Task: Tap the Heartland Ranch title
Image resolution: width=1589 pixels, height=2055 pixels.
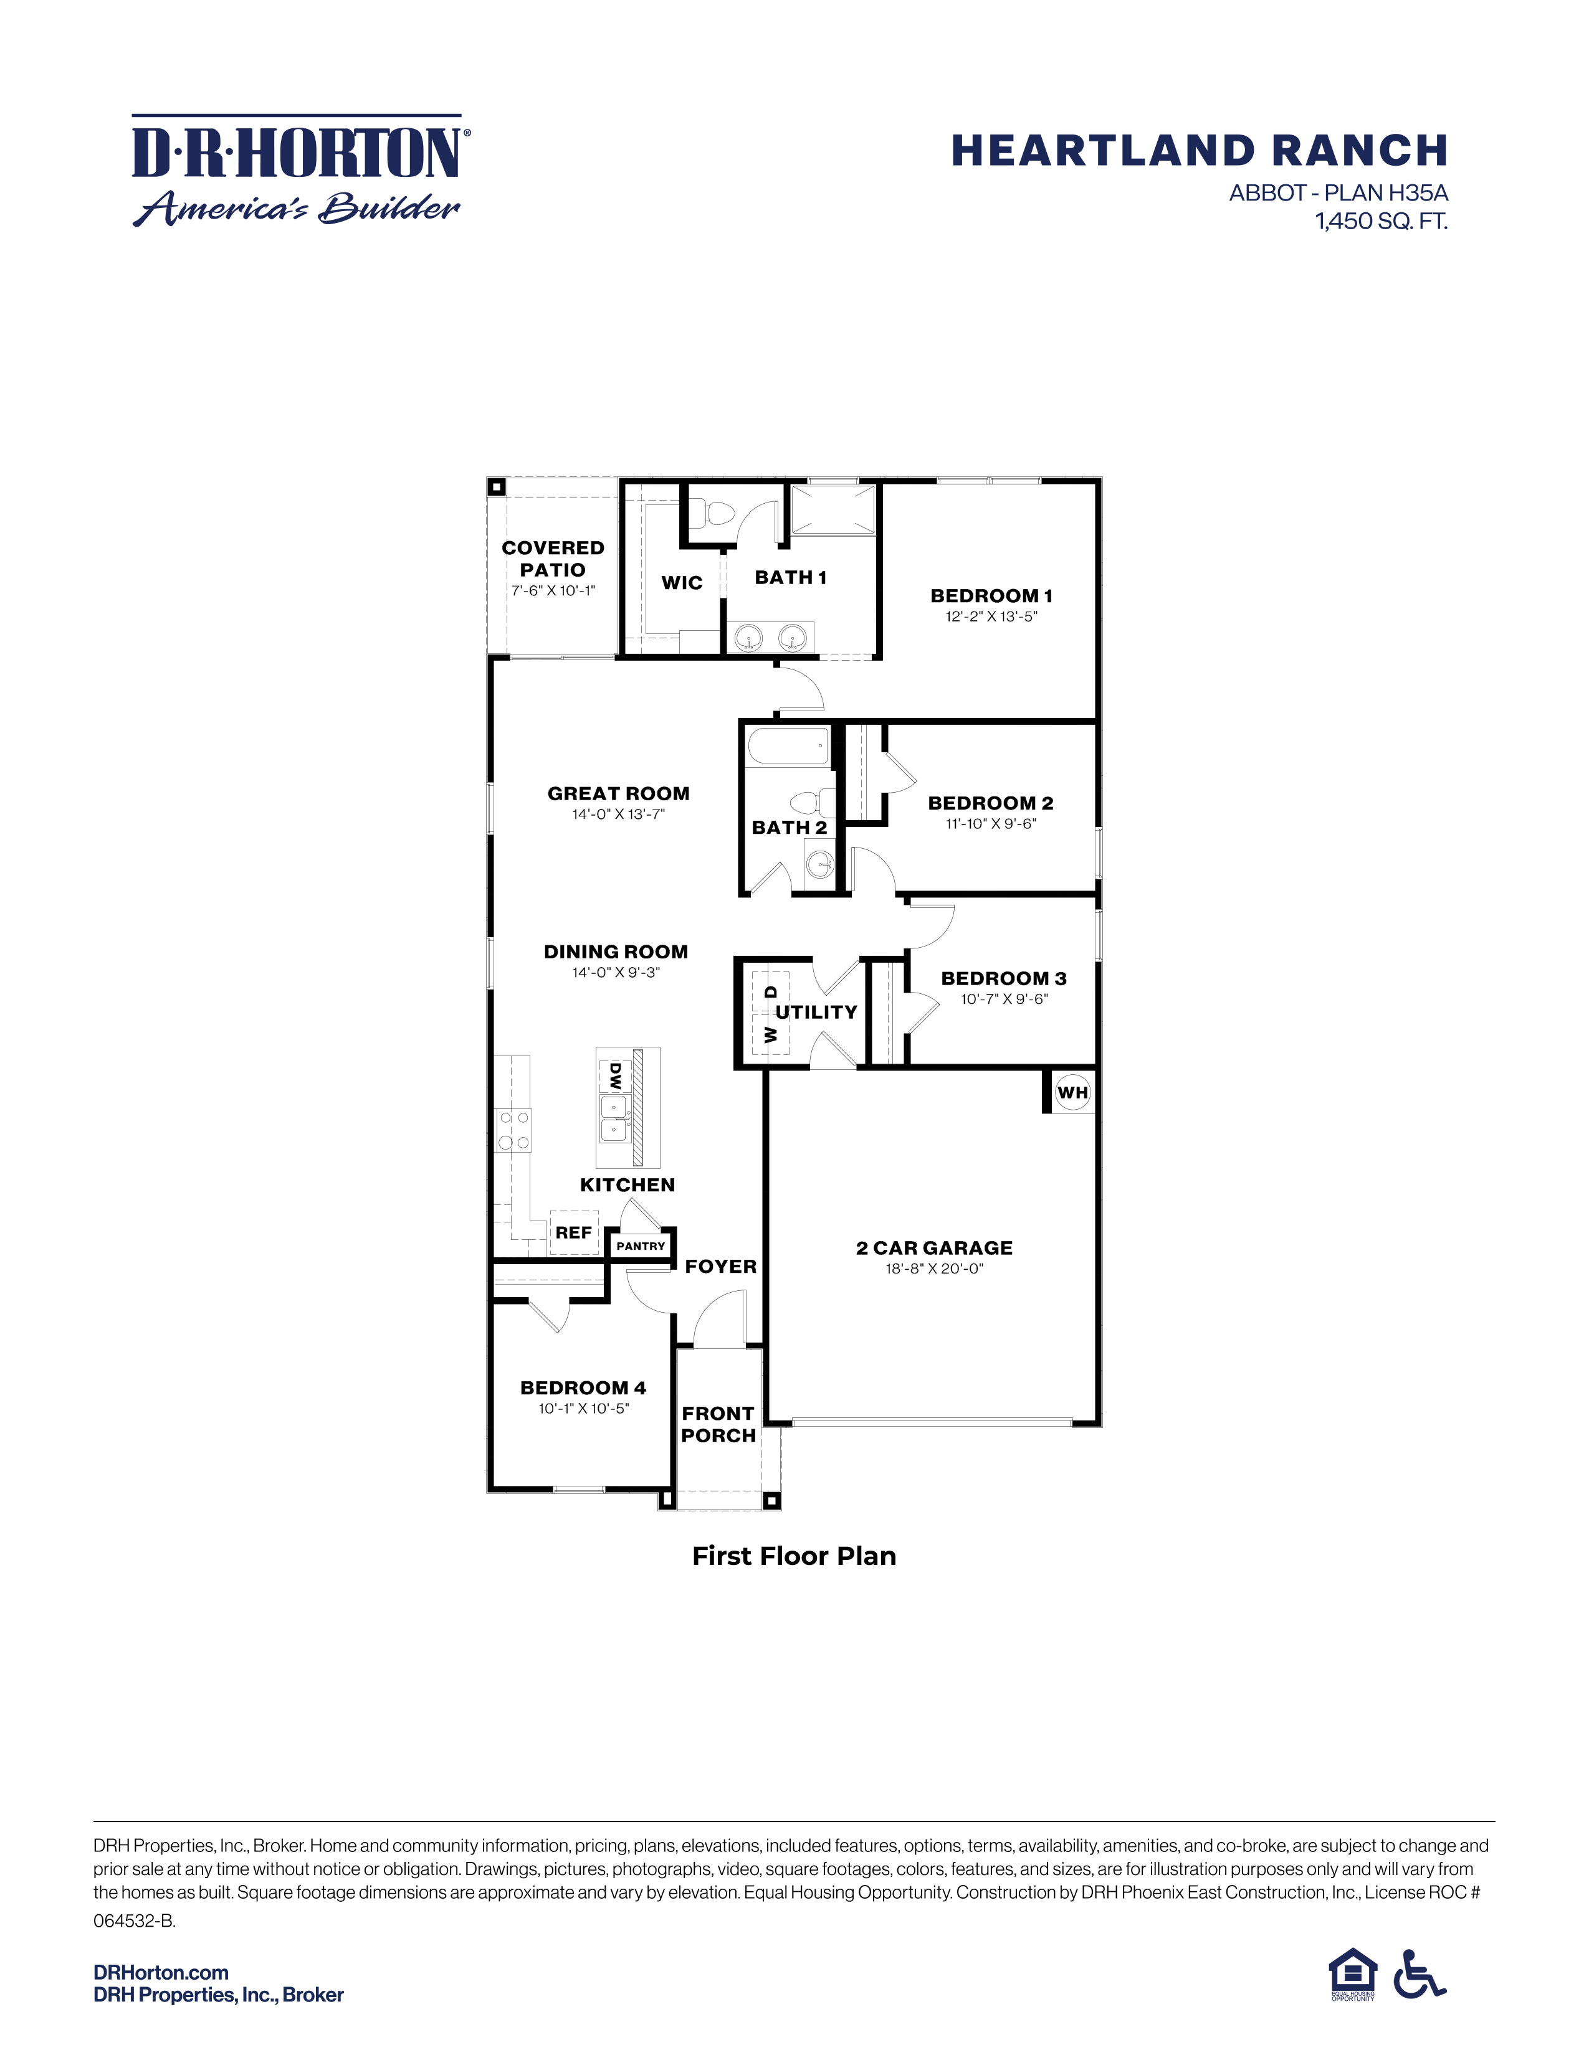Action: (x=1200, y=151)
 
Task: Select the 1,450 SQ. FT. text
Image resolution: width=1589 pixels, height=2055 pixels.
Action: (x=1381, y=222)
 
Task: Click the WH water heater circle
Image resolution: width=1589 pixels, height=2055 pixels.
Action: (x=1072, y=1092)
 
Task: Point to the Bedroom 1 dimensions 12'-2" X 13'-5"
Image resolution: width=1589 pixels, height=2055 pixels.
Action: (x=991, y=617)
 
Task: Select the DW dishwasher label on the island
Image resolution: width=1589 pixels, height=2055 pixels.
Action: (x=616, y=1075)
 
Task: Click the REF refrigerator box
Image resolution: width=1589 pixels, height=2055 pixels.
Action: (x=573, y=1232)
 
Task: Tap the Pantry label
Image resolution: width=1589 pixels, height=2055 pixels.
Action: (x=641, y=1246)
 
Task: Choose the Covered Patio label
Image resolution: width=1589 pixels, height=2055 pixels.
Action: (x=553, y=559)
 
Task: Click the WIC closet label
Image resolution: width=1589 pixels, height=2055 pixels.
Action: (x=682, y=582)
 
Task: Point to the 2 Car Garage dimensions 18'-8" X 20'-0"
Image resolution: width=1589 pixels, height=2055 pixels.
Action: (x=934, y=1268)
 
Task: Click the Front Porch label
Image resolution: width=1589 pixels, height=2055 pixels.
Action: (x=718, y=1425)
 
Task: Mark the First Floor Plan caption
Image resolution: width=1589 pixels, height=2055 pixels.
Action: (x=793, y=1556)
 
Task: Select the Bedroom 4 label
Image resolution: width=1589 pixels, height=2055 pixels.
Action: (x=583, y=1388)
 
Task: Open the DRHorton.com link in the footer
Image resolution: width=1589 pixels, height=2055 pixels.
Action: (x=161, y=1972)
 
